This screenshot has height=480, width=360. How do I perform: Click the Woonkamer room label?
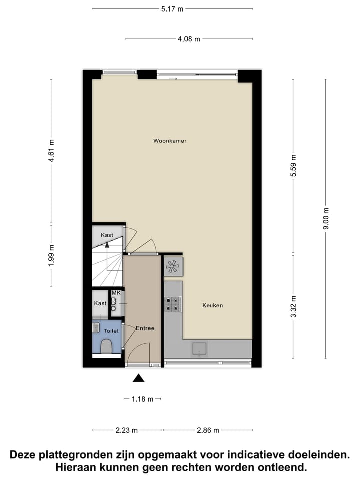click(170, 141)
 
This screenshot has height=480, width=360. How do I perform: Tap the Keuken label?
click(212, 305)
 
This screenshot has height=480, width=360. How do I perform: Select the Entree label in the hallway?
click(145, 328)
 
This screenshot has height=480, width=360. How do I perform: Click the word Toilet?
click(110, 331)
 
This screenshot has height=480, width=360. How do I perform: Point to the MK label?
click(116, 293)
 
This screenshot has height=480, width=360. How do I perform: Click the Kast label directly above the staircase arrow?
click(107, 235)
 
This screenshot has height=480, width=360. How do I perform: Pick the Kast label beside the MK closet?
click(100, 303)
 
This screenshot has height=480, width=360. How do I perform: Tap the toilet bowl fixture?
click(106, 346)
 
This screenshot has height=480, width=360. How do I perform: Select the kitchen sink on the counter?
click(200, 349)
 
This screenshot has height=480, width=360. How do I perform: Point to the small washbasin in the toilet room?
click(96, 328)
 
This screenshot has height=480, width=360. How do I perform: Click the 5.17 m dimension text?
click(172, 9)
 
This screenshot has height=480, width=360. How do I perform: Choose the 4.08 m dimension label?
click(189, 39)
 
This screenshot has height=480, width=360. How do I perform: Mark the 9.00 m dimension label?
click(326, 218)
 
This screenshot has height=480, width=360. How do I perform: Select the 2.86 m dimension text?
click(207, 430)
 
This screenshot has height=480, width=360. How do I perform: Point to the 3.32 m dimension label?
click(293, 306)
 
